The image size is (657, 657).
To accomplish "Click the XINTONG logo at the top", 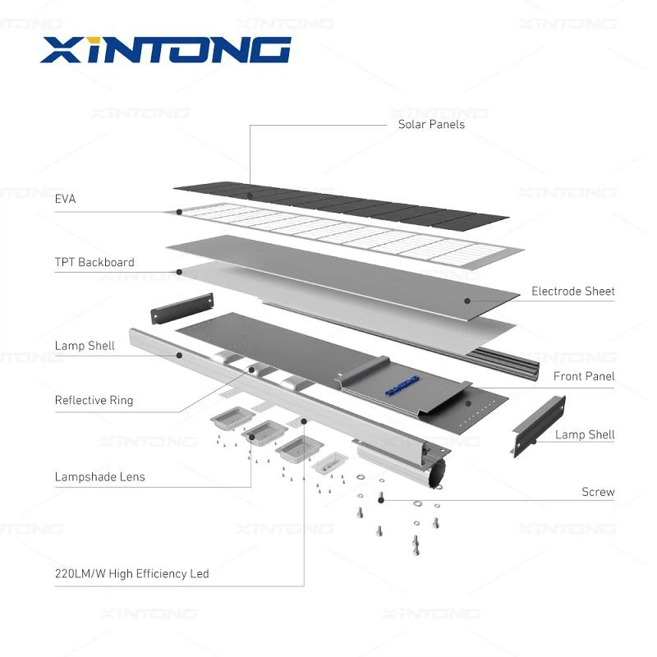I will pyautogui.click(x=165, y=50).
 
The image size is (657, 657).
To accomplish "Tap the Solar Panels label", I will pyautogui.click(x=431, y=125).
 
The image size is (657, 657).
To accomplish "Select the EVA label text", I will pyautogui.click(x=65, y=199).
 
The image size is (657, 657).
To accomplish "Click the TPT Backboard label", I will pyautogui.click(x=94, y=263).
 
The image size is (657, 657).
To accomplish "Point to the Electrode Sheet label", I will pyautogui.click(x=572, y=292).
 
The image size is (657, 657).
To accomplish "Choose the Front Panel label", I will pyautogui.click(x=584, y=376).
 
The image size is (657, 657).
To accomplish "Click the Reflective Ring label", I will pyautogui.click(x=94, y=401).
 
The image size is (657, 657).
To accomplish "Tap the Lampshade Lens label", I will pyautogui.click(x=99, y=476).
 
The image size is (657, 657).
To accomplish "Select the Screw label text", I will pyautogui.click(x=598, y=492).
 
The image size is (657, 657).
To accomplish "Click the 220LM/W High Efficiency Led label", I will pyautogui.click(x=131, y=573).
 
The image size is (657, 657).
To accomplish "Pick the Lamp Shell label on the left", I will pyautogui.click(x=85, y=346).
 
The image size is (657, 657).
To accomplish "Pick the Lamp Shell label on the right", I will pyautogui.click(x=585, y=434).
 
